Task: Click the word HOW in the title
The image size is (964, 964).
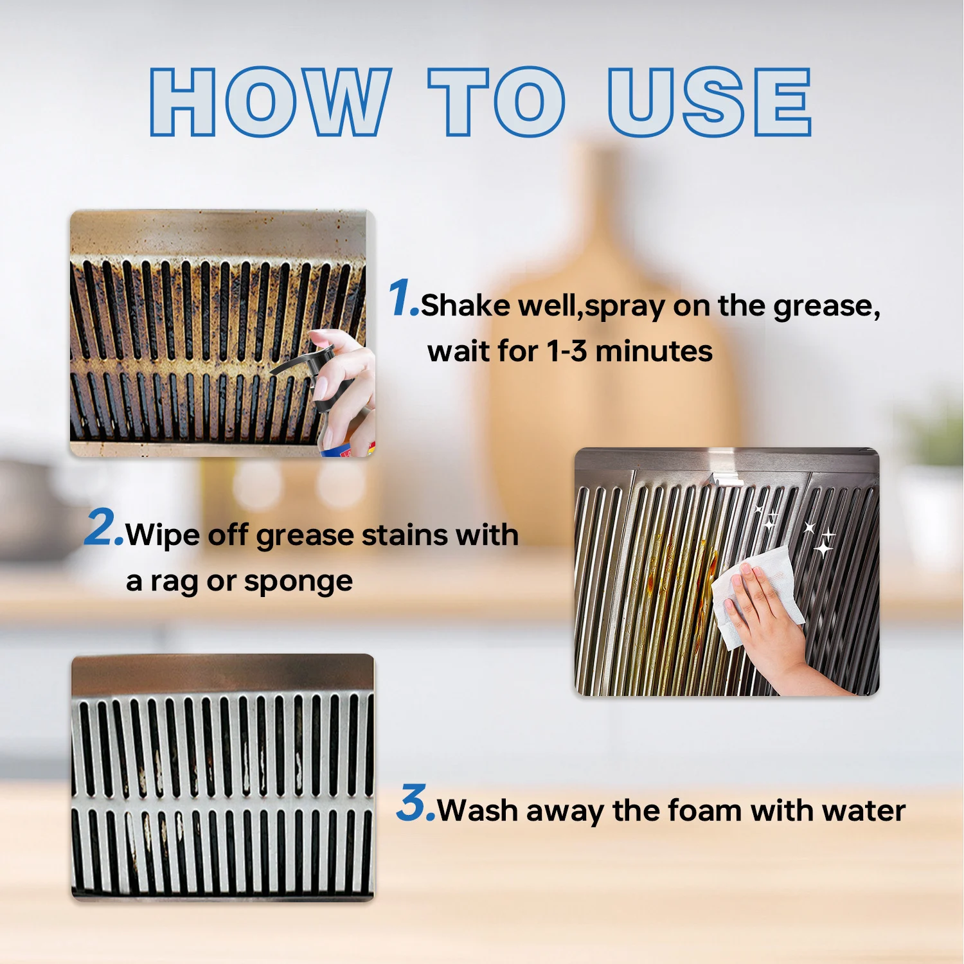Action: pos(271,102)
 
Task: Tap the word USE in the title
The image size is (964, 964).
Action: pos(710,102)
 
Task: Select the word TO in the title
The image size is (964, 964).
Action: pos(497,102)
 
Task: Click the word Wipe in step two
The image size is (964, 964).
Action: pos(163,535)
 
